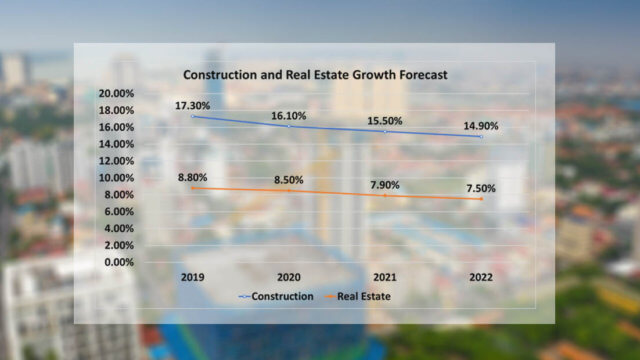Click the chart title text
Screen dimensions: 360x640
tap(314, 75)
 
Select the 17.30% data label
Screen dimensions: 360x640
tap(193, 104)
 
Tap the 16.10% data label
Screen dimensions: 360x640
tap(289, 115)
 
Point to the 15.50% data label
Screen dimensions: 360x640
tap(384, 121)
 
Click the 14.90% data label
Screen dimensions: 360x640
tap(480, 126)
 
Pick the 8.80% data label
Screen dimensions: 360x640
tap(193, 177)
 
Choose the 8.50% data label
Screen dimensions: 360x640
tap(289, 180)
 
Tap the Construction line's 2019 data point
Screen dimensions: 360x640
tap(193, 117)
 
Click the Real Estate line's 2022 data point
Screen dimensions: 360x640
tap(480, 199)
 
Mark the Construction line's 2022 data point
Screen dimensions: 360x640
tap(480, 137)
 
